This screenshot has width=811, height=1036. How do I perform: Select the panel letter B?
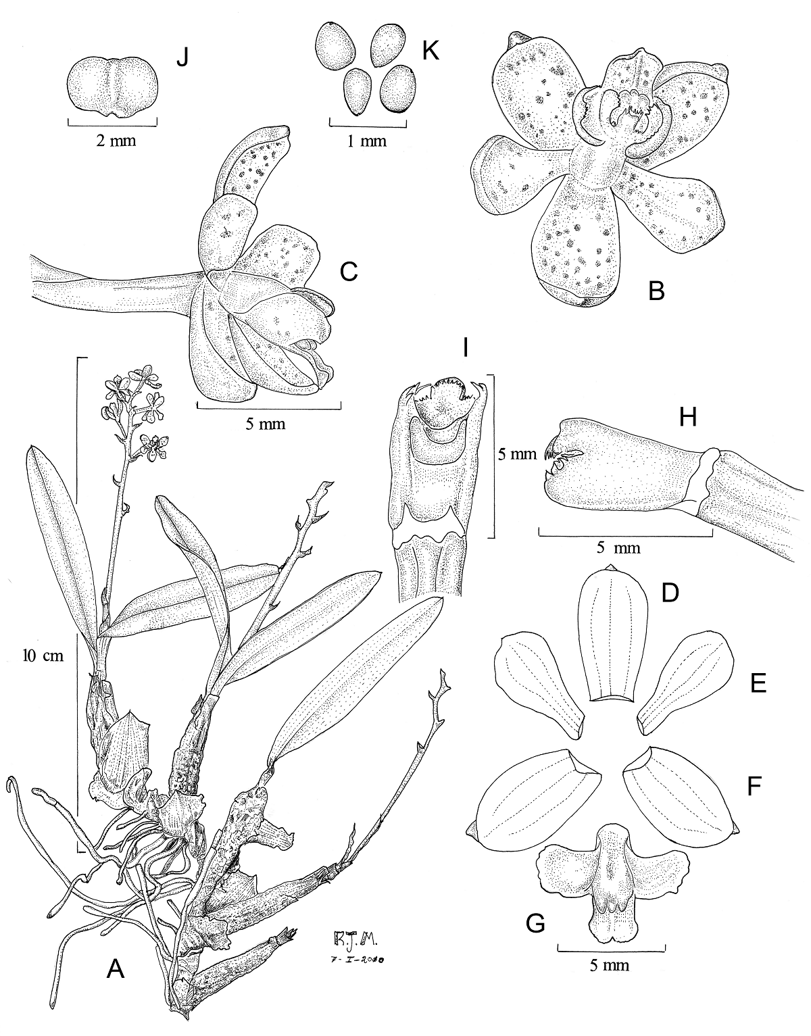[656, 291]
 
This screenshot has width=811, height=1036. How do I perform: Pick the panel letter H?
[687, 418]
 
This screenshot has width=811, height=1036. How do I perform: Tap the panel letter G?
[535, 937]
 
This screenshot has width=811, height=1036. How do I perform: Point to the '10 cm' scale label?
[43, 656]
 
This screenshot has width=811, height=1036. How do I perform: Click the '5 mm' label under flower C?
[266, 423]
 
